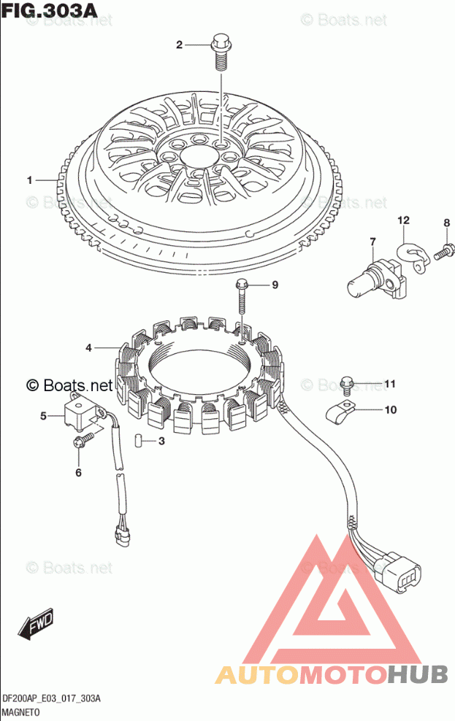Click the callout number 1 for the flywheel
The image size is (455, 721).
[30, 180]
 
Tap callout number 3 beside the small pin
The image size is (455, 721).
[161, 441]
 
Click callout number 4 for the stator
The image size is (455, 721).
[88, 348]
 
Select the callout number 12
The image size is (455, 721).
[403, 220]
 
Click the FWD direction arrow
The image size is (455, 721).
[34, 625]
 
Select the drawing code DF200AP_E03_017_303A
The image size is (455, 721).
[51, 698]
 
